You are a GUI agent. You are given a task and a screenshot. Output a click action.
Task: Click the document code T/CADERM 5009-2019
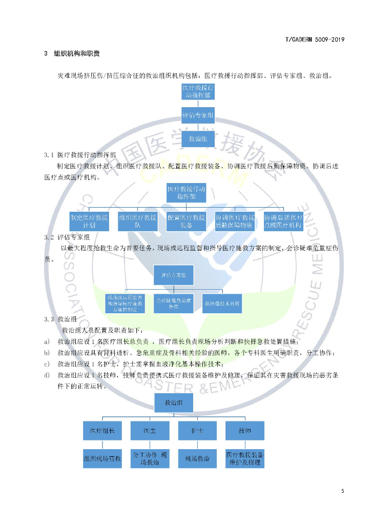(314, 39)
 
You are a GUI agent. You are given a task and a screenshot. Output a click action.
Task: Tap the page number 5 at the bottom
(342, 491)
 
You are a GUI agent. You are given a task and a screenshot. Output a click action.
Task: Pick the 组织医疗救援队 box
(138, 221)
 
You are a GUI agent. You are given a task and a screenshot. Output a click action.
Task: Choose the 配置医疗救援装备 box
(186, 221)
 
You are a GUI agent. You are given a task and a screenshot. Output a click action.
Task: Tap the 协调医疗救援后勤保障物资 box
(235, 221)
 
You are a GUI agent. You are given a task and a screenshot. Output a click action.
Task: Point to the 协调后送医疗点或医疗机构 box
(283, 221)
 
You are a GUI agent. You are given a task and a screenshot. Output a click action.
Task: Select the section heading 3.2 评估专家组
(67, 237)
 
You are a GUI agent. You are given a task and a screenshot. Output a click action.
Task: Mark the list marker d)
(47, 375)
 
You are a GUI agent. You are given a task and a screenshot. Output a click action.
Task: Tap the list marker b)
(47, 353)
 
